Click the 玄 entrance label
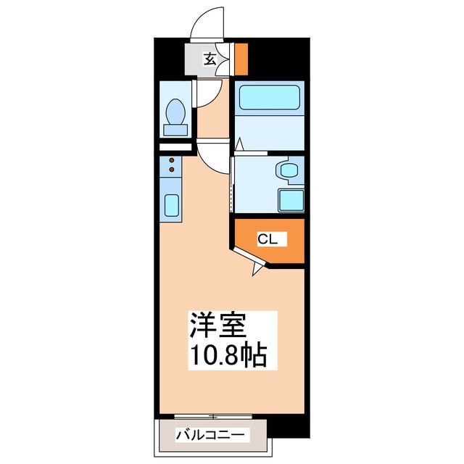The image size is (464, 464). tap(209, 59)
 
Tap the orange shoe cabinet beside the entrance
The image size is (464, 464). tap(241, 59)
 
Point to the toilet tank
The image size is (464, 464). tap(175, 130)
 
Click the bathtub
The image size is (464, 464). tap(268, 98)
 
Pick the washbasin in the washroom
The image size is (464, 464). tap(287, 171)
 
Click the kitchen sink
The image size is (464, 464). tap(172, 207)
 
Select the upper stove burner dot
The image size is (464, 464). tap(172, 160)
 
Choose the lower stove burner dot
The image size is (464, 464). tap(172, 170)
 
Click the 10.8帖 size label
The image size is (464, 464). tap(229, 355)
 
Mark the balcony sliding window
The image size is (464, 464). tap(213, 416)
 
